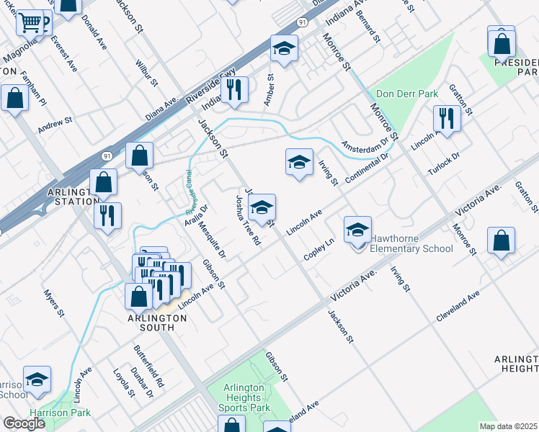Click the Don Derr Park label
click(407, 94)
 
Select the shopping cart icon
click(30, 24)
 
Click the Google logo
click(24, 423)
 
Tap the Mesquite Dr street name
click(213, 240)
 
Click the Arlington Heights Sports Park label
click(246, 397)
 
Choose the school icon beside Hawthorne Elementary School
click(357, 231)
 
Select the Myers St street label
click(53, 303)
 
